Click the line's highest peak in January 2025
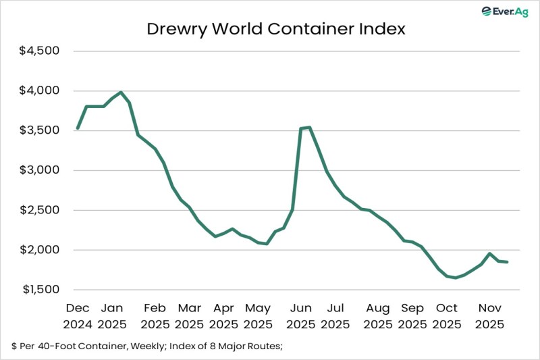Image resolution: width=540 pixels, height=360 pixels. (121, 93)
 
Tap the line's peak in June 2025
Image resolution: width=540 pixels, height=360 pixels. (309, 127)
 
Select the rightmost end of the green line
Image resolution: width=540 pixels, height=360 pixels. (507, 262)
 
